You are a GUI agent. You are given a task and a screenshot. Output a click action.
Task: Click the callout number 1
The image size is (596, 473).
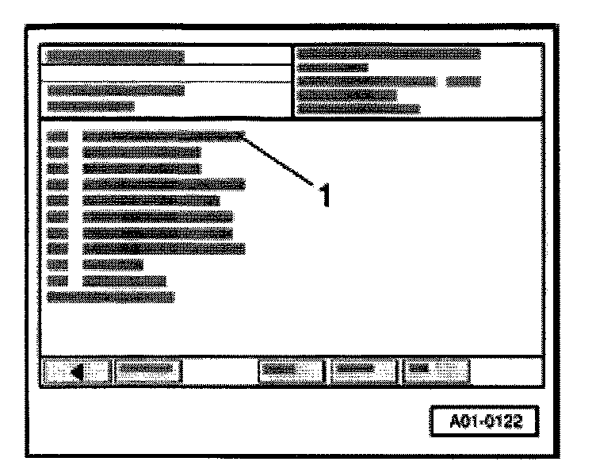pyautogui.click(x=322, y=193)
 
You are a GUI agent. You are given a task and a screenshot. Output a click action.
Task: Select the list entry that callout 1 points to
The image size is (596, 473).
pyautogui.click(x=162, y=136)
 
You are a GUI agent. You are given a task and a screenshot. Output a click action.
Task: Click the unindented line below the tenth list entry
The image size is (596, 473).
pyautogui.click(x=110, y=296)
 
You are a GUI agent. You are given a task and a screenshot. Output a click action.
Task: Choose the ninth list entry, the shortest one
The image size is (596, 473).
pyautogui.click(x=113, y=264)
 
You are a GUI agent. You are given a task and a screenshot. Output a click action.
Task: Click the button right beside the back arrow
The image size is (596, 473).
pyautogui.click(x=147, y=369)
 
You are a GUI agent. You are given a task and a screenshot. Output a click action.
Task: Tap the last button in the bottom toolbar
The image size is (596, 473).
pyautogui.click(x=437, y=369)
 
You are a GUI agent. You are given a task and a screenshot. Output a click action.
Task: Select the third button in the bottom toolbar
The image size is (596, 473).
pyautogui.click(x=292, y=369)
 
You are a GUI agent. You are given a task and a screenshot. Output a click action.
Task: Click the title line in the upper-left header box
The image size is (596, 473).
pyautogui.click(x=115, y=57)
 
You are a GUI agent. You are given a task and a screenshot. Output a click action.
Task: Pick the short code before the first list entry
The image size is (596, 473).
pyautogui.click(x=58, y=136)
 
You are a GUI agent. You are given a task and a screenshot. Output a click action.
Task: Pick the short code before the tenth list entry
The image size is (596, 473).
pyautogui.click(x=58, y=280)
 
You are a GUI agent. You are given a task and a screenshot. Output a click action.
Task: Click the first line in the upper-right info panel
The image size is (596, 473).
pyautogui.click(x=389, y=54)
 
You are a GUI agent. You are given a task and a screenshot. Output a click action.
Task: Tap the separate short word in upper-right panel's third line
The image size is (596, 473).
pyautogui.click(x=464, y=81)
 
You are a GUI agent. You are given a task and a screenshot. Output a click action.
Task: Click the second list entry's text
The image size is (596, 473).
pyautogui.click(x=141, y=152)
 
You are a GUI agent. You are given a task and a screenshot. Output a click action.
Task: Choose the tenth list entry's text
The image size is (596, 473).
pyautogui.click(x=124, y=280)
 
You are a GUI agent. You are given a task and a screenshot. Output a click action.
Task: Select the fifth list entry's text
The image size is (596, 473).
pyautogui.click(x=151, y=200)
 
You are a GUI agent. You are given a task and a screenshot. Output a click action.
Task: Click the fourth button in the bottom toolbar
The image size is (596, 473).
pyautogui.click(x=364, y=369)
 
